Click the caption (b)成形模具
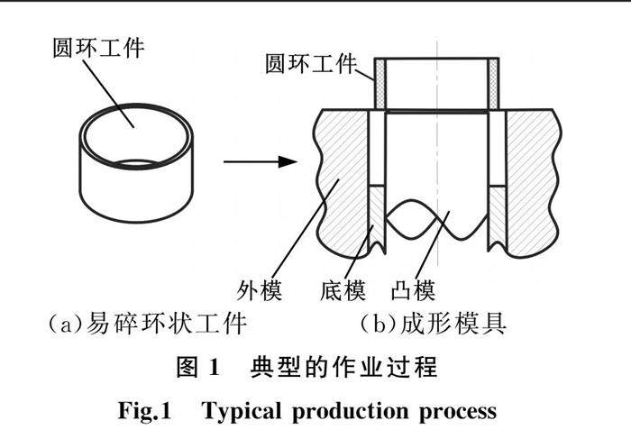coord(433,323)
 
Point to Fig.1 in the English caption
coord(145,411)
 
